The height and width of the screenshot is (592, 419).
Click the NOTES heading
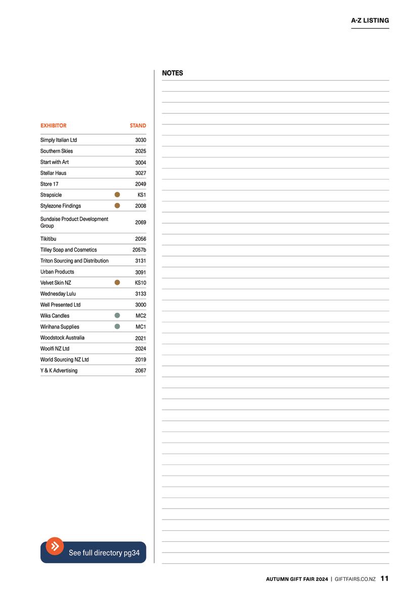pos(172,73)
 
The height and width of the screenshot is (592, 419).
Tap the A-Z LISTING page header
pos(370,21)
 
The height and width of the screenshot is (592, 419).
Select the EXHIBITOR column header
pos(53,125)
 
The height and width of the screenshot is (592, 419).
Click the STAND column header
pos(137,125)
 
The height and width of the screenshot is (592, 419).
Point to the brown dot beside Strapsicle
pos(117,195)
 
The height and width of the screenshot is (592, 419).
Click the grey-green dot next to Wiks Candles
pos(117,316)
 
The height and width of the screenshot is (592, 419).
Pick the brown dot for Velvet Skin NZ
pos(117,283)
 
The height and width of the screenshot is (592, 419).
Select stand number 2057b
pos(139,250)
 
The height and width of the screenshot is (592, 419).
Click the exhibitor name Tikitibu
pos(49,239)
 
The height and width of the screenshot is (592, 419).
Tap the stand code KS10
pos(141,283)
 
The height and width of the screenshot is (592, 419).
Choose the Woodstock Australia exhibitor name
pos(62,337)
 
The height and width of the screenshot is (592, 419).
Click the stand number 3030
pos(141,140)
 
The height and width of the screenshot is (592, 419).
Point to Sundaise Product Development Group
pos(74,222)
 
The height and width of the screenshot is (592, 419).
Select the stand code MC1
pos(141,327)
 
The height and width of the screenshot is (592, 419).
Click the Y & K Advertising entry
pos(59,371)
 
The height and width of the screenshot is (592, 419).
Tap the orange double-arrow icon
pos(55,546)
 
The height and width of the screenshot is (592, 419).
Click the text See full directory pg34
pos(104,553)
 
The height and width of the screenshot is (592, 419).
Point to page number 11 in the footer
pos(385,578)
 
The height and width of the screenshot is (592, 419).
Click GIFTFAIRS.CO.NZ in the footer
pos(355,579)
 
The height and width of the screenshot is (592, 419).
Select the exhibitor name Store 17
pos(49,184)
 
